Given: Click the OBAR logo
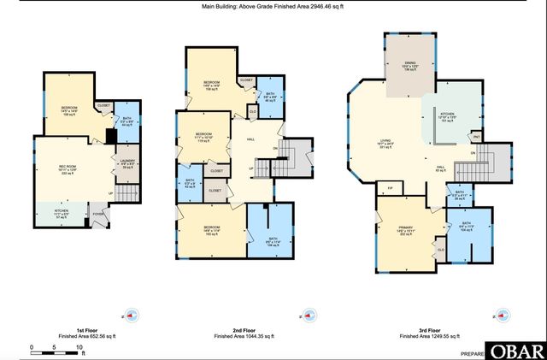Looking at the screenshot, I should click(515, 351).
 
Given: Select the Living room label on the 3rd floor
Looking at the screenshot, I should click(385, 145).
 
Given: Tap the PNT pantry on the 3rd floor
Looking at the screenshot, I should click(475, 135).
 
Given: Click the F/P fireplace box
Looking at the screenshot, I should click(391, 186).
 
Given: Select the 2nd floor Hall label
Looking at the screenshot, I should click(251, 139).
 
